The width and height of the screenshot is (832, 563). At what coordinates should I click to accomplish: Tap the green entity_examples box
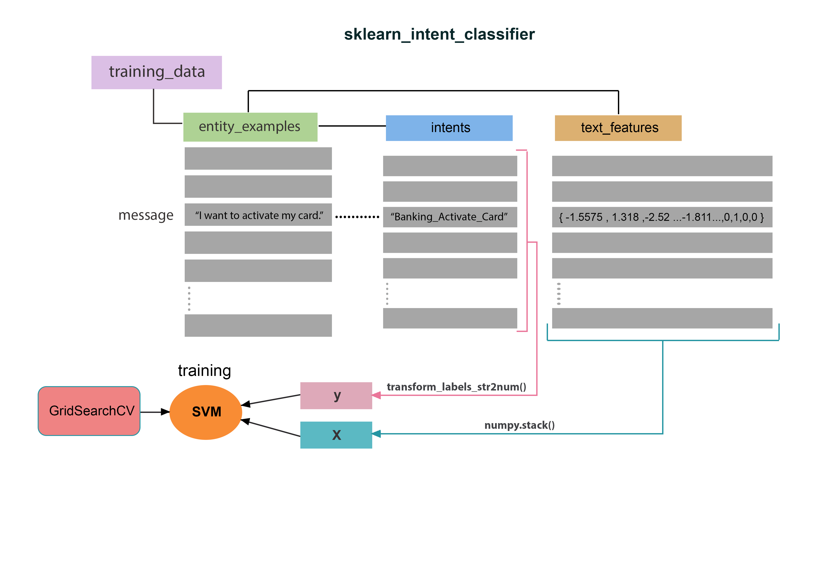[250, 127]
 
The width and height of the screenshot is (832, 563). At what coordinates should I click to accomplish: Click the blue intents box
[449, 128]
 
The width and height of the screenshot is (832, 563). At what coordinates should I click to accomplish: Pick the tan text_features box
[618, 128]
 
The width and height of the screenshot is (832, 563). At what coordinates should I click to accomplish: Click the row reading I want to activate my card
[258, 215]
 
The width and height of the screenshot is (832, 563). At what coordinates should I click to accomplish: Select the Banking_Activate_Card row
[450, 217]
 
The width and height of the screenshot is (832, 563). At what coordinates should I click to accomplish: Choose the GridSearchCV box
[89, 411]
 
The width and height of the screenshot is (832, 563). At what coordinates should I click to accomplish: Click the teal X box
[336, 435]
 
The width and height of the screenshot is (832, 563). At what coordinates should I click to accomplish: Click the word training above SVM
[205, 370]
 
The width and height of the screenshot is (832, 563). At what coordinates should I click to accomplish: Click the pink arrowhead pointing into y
[377, 395]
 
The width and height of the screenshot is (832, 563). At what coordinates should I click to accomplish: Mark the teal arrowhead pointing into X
[377, 434]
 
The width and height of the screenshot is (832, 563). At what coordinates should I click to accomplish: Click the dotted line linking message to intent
[357, 217]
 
